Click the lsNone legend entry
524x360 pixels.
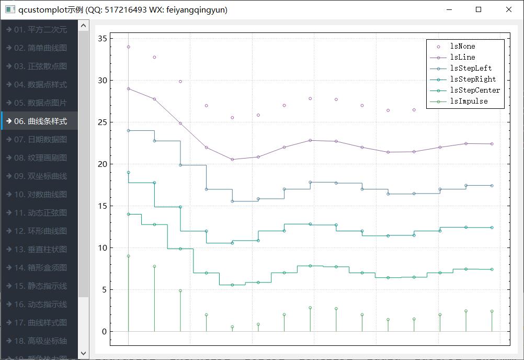tap(462, 47)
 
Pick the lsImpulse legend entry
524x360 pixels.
tap(469, 102)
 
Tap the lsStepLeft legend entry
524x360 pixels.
tap(471, 69)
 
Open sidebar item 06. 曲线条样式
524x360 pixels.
tap(40, 121)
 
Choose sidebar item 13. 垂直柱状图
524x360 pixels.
tap(40, 249)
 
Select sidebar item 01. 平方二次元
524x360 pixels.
tap(40, 29)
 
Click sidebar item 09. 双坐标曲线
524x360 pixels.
tap(40, 176)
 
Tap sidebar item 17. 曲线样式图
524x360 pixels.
tap(40, 322)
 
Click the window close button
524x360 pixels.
tap(509, 9)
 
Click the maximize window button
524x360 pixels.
tap(479, 9)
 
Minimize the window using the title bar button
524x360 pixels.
tap(448, 9)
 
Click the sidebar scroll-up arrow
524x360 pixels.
tap(84, 25)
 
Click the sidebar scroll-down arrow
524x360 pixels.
tap(84, 354)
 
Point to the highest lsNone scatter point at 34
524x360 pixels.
tap(128, 47)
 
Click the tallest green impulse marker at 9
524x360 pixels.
tap(128, 256)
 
